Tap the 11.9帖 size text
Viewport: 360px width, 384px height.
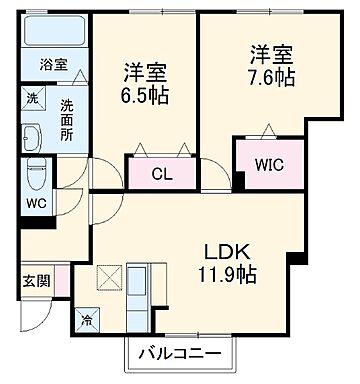pos(230,273)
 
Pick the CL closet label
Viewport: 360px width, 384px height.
pos(160,172)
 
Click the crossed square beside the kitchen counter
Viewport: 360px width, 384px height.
pos(109,277)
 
